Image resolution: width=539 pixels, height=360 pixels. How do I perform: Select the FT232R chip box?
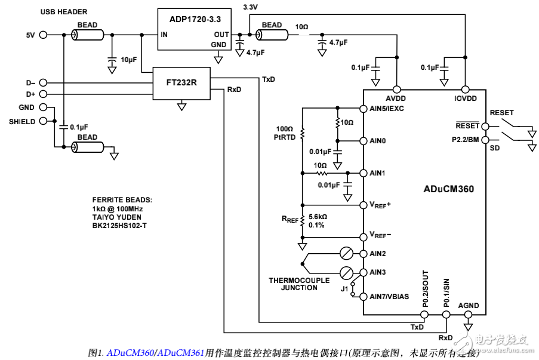pyautogui.click(x=181, y=83)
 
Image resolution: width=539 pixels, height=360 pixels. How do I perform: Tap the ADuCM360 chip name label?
pyautogui.click(x=448, y=189)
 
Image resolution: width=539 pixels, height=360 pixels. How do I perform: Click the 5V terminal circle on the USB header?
pyautogui.click(x=43, y=35)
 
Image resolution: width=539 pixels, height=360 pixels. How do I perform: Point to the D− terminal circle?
pyautogui.click(x=43, y=82)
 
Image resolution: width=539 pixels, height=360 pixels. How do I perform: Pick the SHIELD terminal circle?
pyautogui.click(x=43, y=121)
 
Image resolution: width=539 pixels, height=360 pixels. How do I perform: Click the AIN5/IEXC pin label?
pyautogui.click(x=387, y=109)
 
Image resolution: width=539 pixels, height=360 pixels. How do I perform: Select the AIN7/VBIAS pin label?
pyautogui.click(x=389, y=297)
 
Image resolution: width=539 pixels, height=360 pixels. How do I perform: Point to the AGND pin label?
pyautogui.click(x=468, y=306)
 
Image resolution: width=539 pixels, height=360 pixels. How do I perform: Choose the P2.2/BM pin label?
pyautogui.click(x=466, y=140)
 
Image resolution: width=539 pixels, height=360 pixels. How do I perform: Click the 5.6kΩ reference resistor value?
pyautogui.click(x=318, y=217)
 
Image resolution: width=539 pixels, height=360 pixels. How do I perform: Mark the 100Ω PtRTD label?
pyautogui.click(x=285, y=133)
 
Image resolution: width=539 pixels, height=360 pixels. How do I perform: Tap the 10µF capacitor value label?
pyautogui.click(x=129, y=60)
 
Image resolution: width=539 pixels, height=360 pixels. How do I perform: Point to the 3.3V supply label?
pyautogui.click(x=252, y=7)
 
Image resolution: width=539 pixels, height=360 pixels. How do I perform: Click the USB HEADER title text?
pyautogui.click(x=64, y=12)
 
